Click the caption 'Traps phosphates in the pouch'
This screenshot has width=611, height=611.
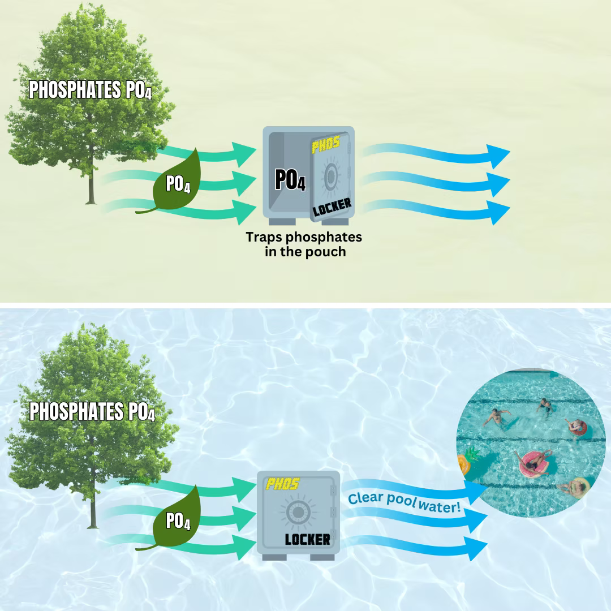tap(304, 244)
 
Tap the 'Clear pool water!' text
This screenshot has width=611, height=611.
tap(405, 502)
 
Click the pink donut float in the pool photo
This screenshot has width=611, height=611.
tap(534, 462)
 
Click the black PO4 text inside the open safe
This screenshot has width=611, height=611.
tap(290, 179)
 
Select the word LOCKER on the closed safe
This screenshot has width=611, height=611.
tap(307, 539)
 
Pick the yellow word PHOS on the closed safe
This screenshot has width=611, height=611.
tap(282, 484)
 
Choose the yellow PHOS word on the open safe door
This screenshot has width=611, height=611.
tap(326, 144)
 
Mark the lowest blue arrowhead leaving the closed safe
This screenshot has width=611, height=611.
tap(475, 546)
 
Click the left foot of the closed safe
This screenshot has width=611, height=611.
tap(274, 557)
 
